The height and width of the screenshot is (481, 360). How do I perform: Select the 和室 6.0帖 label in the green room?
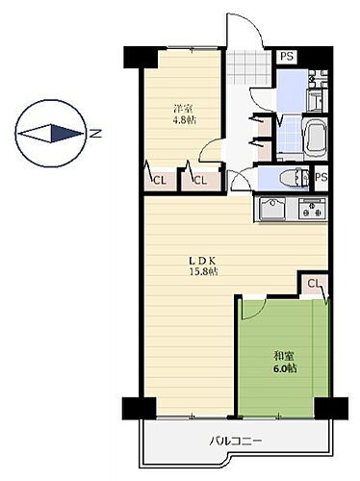pyautogui.click(x=284, y=361)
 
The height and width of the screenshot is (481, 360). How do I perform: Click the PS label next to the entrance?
pyautogui.click(x=287, y=56)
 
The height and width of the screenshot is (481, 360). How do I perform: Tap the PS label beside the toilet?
pyautogui.click(x=321, y=178)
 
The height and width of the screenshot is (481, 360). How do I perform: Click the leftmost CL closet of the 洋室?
pyautogui.click(x=159, y=179)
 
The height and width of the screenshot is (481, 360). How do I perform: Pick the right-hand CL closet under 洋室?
pyautogui.click(x=199, y=179)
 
